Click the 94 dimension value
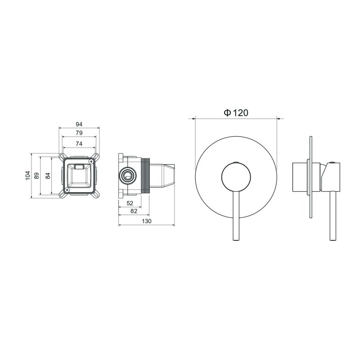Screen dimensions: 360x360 point(79,124)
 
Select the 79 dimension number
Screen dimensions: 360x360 point(79,133)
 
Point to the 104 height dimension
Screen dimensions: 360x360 point(27,175)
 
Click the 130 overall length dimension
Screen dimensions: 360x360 point(147,221)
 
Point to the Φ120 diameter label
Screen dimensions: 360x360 point(236,113)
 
